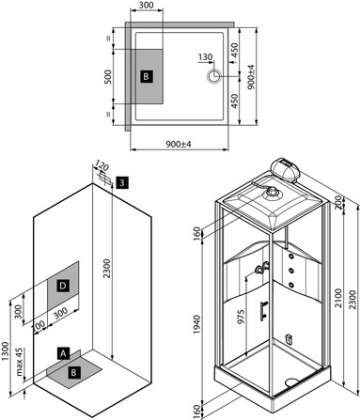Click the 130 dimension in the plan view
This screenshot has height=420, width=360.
[x=205, y=57]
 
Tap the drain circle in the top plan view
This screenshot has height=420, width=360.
[x=214, y=76]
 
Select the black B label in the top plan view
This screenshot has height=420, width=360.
[x=147, y=76]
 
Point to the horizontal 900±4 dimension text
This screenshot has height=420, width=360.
[x=179, y=144]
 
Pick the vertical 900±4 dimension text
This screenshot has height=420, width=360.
[x=251, y=77]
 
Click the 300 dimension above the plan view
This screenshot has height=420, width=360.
[x=147, y=6]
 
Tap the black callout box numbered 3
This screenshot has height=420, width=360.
[x=122, y=182]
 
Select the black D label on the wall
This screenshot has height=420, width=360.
[x=63, y=286]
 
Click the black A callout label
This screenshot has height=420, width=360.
[x=63, y=353]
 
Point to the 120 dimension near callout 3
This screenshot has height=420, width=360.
[x=102, y=166]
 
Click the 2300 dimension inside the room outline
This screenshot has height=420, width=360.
[x=107, y=269]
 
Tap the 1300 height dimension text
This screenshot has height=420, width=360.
[x=6, y=351]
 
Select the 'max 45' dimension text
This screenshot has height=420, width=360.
[x=20, y=362]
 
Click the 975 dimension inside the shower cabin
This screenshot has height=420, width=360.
[x=241, y=317]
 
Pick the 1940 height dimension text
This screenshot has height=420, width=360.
[x=196, y=324]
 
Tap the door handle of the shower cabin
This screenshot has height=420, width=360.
[x=263, y=311]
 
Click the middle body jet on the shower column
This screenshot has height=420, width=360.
[x=291, y=270]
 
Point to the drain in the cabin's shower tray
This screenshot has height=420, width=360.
[x=291, y=381]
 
